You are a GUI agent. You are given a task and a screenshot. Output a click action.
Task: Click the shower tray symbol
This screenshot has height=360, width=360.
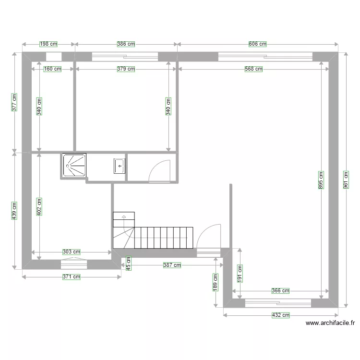pyautogui.click(x=74, y=165)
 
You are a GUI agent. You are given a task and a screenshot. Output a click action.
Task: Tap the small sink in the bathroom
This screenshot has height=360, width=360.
pyautogui.click(x=119, y=166)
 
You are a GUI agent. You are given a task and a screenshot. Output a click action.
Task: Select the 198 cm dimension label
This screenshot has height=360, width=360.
pyautogui.click(x=48, y=44)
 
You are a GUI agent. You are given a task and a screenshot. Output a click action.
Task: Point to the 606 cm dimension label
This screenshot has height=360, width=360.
pyautogui.click(x=257, y=44)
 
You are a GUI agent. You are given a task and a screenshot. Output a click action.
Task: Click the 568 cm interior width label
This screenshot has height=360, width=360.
pyautogui.click(x=253, y=69)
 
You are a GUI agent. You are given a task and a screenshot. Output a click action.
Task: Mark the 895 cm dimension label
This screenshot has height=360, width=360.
pyautogui.click(x=321, y=180)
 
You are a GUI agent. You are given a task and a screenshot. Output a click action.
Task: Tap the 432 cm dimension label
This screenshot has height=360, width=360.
pyautogui.click(x=281, y=315)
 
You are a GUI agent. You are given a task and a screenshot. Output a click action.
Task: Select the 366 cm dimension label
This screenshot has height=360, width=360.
pyautogui.click(x=280, y=290)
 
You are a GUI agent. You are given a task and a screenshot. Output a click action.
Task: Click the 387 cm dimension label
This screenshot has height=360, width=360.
pyautogui.click(x=172, y=264)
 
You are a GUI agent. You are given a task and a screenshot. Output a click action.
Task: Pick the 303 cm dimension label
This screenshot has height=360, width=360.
pyautogui.click(x=71, y=252)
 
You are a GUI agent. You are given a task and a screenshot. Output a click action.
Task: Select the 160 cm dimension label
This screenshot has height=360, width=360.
pyautogui.click(x=52, y=69)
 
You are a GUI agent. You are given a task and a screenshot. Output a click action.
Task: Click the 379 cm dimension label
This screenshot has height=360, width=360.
pyautogui.click(x=126, y=69)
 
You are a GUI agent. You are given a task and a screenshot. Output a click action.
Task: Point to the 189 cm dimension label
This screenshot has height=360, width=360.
pyautogui.click(x=216, y=282)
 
